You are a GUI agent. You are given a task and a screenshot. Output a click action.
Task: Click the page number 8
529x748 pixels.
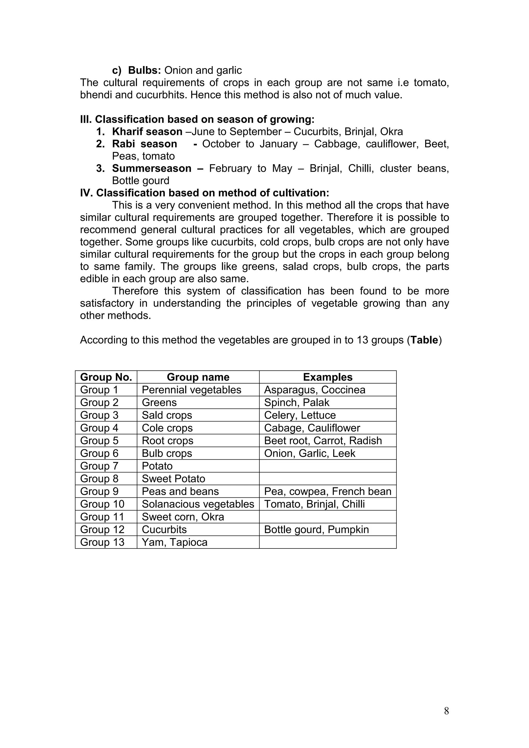tap(446, 711)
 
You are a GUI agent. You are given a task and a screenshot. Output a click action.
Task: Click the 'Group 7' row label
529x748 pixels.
tap(99, 466)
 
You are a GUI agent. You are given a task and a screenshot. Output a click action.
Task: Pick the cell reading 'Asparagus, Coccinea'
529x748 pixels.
tap(315, 390)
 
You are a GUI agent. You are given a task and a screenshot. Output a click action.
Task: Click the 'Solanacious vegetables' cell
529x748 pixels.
tap(198, 504)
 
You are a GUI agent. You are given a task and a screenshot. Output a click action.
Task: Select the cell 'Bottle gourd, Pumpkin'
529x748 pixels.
tap(316, 529)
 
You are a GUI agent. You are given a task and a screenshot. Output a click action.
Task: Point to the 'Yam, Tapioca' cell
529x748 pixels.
tap(174, 542)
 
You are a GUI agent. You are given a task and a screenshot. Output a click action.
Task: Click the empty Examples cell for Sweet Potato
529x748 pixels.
tap(328, 479)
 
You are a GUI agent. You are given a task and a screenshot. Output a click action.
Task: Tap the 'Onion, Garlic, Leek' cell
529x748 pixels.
tap(309, 453)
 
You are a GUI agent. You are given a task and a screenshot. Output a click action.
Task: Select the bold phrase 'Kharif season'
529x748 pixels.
tap(147, 132)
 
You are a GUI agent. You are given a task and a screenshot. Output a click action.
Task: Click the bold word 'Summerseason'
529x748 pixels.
tap(152, 169)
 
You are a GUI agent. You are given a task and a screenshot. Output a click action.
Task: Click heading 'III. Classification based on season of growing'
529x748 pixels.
tap(197, 119)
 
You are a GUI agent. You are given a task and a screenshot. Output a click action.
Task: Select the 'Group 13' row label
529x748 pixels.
tap(102, 542)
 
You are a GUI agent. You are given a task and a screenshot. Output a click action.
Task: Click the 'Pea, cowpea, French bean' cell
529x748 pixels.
tap(328, 491)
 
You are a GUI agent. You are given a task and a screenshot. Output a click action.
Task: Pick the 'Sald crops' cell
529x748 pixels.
tap(167, 415)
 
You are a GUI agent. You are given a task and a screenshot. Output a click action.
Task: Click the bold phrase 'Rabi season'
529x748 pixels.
tap(144, 144)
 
